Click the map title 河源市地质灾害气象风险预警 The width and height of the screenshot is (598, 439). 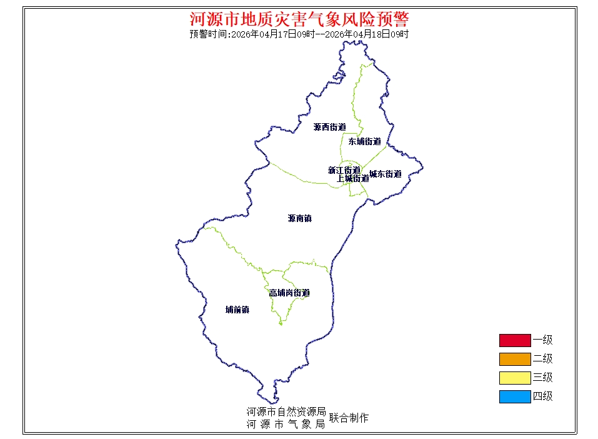299,19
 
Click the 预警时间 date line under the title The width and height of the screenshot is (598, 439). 299,34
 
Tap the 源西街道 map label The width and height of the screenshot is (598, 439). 329,127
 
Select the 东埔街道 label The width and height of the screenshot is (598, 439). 364,141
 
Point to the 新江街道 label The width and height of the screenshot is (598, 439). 344,170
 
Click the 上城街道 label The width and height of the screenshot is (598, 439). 352,178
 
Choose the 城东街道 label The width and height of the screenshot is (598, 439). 385,174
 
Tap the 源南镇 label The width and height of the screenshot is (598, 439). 299,219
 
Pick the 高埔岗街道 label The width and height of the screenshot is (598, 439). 289,293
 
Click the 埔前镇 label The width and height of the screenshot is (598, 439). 237,310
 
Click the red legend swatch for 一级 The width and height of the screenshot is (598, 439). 514,340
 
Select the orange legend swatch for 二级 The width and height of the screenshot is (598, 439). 514,359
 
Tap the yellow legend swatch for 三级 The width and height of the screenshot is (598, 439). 514,378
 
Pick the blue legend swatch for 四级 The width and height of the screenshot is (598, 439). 514,396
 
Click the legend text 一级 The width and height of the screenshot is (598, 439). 542,340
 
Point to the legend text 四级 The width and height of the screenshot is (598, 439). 542,396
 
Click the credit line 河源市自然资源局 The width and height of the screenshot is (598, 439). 286,412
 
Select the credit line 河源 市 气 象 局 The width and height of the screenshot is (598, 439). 286,424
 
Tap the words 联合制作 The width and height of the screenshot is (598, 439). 349,418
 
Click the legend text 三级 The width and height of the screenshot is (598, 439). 542,378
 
